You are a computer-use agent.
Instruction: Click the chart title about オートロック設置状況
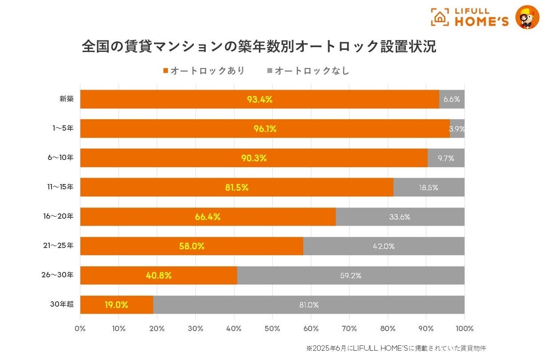coord(259,47)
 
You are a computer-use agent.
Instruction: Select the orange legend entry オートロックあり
coord(204,71)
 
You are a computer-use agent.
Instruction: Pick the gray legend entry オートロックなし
coord(308,71)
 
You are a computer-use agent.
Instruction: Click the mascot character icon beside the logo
coord(527,17)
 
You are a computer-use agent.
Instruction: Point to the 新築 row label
coord(67,99)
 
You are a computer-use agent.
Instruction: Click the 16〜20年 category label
coord(61,216)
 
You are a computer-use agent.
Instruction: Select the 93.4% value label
coord(260,100)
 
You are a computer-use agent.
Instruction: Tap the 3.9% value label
coord(457,129)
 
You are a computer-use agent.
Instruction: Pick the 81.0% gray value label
coord(309,305)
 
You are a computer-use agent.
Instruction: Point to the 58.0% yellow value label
coord(192,246)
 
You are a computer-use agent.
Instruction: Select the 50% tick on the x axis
coord(272,329)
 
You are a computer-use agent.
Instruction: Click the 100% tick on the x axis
coord(465,329)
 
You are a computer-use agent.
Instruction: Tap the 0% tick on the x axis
coord(80,329)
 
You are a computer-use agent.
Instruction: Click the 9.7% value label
coord(446,158)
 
